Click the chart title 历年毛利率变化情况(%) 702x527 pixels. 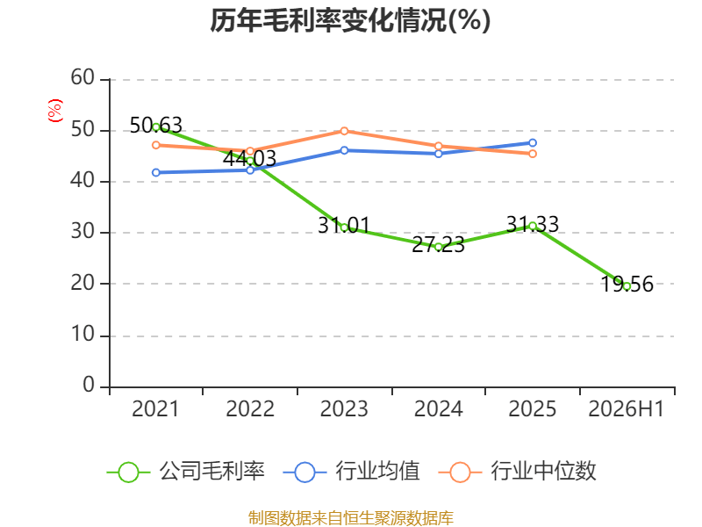coord(350,20)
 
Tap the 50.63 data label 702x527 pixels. coord(156,125)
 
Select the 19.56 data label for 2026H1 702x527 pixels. coord(627,284)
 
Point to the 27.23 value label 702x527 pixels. coord(438,245)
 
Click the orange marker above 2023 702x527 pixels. coord(344,131)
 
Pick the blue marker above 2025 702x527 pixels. coord(533,143)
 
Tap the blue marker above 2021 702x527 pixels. coord(156,172)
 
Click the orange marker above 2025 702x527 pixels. coord(533,154)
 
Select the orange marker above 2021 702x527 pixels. coord(156,145)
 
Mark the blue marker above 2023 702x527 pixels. coord(344,150)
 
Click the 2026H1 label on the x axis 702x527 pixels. coord(627,409)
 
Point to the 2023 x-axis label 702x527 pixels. coord(344,409)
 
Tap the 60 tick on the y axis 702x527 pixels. coord(82,78)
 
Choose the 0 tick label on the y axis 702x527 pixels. coord(89,386)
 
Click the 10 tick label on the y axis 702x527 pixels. coord(82,335)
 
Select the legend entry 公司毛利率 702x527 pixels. coord(185,472)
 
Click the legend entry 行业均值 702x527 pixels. coord(352,472)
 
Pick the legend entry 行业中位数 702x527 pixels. coord(517,472)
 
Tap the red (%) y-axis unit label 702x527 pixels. coord(55,111)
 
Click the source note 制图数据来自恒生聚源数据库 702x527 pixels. coord(351,518)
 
